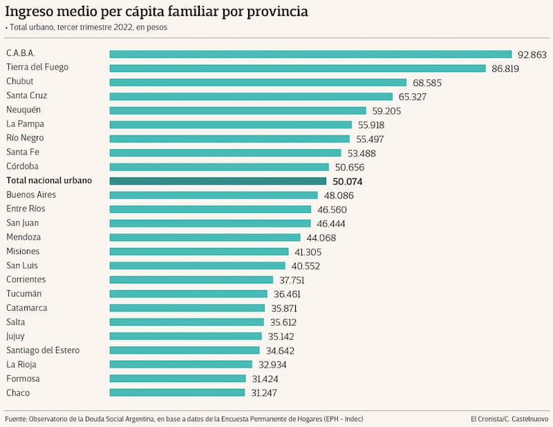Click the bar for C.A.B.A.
(310, 54)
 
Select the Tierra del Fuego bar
(297, 68)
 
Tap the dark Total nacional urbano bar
(218, 181)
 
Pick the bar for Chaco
(177, 393)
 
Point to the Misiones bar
(199, 252)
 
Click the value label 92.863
(532, 54)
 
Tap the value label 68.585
(427, 82)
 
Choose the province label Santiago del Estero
(43, 350)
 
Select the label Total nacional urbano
(48, 180)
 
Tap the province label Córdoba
(23, 167)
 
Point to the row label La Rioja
(21, 365)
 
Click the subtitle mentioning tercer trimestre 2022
(88, 28)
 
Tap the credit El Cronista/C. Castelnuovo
(508, 419)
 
